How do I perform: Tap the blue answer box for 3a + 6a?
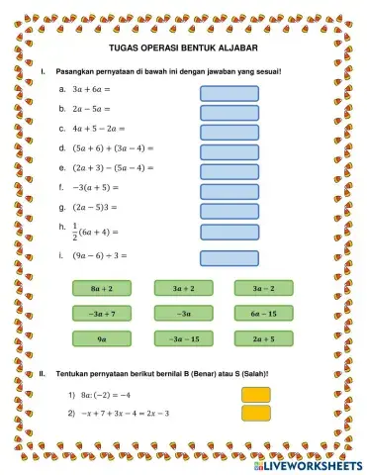229,93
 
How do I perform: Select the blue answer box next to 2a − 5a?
229,110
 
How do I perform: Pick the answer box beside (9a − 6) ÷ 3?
229,258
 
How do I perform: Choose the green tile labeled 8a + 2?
101,288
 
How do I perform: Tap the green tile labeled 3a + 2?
183,288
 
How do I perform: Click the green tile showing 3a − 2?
264,288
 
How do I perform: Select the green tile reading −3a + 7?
101,313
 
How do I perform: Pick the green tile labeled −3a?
183,313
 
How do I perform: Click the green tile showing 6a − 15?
264,313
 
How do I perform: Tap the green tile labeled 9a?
101,338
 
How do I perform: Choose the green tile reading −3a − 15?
183,338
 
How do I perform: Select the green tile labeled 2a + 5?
264,338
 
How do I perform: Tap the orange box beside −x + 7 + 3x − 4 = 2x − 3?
255,413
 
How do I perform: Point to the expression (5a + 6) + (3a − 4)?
114,147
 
